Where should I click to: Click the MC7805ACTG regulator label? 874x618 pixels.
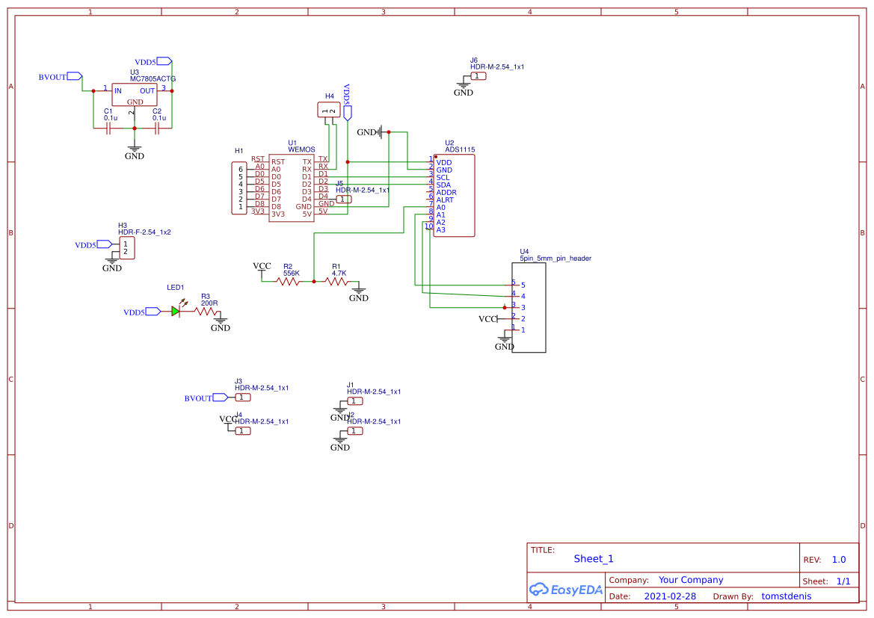[x=153, y=78]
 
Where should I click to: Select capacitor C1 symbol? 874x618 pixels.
[x=109, y=129]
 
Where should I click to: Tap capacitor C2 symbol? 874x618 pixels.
[x=158, y=129]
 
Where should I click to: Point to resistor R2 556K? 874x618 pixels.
[x=288, y=282]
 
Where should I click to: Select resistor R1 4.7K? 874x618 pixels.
[x=336, y=282]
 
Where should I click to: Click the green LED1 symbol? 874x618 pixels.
[x=176, y=311]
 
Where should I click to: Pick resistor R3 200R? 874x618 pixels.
[x=208, y=312]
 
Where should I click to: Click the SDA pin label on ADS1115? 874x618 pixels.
[x=443, y=185]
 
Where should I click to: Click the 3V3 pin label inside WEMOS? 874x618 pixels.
[x=278, y=214]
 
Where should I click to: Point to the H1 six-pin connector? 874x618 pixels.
[x=239, y=188]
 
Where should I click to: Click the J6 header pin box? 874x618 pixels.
[x=479, y=76]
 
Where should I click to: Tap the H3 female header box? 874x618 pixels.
[x=127, y=248]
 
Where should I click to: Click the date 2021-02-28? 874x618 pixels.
[x=670, y=596]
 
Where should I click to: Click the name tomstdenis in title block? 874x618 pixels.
[x=786, y=596]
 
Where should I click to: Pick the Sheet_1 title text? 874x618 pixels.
[x=594, y=558]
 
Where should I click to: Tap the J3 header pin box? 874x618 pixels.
[x=243, y=398]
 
